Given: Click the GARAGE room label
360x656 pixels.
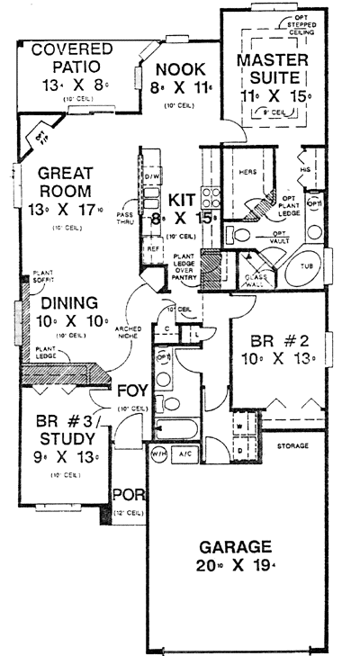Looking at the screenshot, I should point(237,545).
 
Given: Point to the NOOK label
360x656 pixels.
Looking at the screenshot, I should point(180,68).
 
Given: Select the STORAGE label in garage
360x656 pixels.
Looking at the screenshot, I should point(292,446).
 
